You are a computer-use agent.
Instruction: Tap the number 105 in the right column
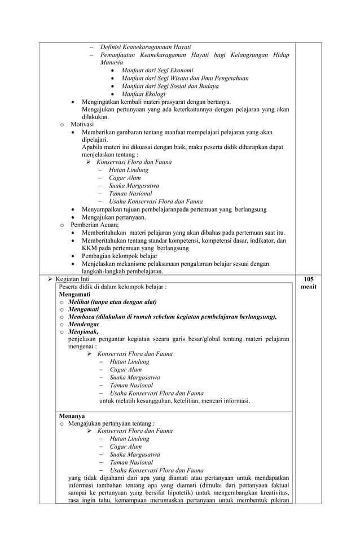pos(309,279)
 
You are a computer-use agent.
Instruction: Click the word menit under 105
pos(309,287)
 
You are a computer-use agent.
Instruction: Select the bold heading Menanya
pos(72,416)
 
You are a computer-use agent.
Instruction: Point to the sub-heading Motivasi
pos(82,124)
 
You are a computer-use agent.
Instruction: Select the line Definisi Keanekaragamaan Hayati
pos(145,47)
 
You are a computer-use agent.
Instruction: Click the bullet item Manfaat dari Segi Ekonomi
pos(157,71)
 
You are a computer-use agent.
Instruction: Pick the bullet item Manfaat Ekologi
pos(143,94)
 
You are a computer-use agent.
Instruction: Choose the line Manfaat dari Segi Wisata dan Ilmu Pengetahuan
pos(185,78)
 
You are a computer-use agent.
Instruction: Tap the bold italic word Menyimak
pos(83,333)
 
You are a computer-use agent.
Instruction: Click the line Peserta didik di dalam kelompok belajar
pos(113,287)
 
